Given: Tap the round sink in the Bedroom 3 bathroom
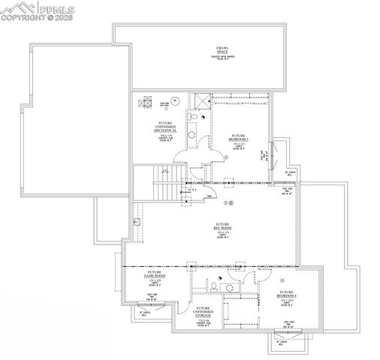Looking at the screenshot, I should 192,136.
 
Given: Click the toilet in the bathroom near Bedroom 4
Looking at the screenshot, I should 214,286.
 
